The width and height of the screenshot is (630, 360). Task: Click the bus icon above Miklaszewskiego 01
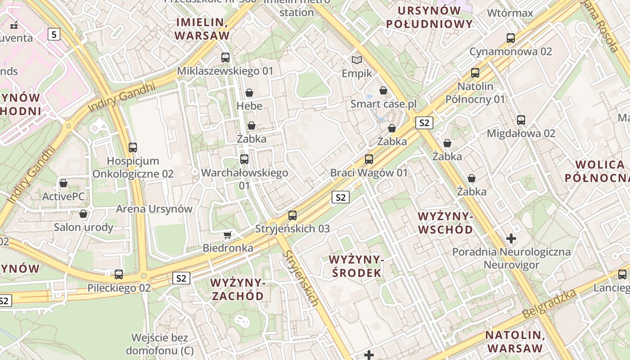pos(225,58)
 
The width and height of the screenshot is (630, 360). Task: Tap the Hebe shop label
pos(249,106)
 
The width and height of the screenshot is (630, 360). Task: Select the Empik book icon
pos(357,60)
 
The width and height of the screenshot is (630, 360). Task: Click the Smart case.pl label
pos(383,104)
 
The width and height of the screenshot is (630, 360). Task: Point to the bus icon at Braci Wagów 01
pos(369,159)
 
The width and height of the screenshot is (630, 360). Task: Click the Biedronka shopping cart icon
pos(228,235)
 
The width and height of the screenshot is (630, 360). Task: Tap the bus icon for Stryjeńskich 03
pos(292,216)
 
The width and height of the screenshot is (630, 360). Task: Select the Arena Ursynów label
pos(154,209)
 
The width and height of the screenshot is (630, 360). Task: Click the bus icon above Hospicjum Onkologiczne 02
pos(133,147)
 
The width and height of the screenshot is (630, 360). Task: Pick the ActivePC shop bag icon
pos(63,183)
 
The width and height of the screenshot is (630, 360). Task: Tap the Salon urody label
pos(84,227)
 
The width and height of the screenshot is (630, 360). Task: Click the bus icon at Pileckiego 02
pos(119,274)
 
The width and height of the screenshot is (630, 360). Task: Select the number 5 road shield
pos(54,34)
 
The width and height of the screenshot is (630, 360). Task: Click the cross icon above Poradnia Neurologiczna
pos(511,238)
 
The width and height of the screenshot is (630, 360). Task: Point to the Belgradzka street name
pos(549,304)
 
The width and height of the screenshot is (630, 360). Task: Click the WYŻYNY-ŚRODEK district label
pos(355,266)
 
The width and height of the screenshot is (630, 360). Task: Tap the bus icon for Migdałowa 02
pos(521,120)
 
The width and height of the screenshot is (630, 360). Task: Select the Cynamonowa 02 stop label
pos(510,51)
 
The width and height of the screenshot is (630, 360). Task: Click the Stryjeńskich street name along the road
pos(301,278)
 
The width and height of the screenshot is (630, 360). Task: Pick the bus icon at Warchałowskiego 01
pos(244,159)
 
